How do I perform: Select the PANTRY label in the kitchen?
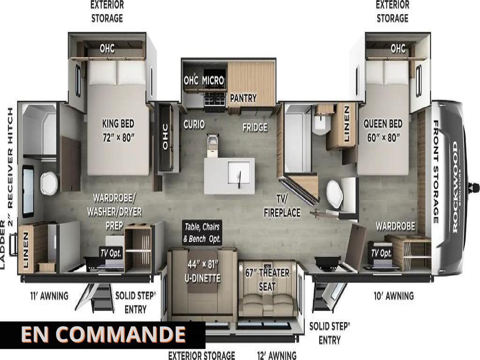click(243, 98)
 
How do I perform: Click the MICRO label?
click(213, 80)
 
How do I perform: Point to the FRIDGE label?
click(255, 127)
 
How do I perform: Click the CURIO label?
click(194, 124)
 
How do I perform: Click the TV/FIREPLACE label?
click(282, 205)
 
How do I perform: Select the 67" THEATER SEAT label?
click(267, 279)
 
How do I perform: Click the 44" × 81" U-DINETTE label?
click(202, 271)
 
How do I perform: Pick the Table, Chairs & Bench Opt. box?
click(202, 232)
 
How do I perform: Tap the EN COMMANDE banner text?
click(104, 334)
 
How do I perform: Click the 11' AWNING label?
click(49, 296)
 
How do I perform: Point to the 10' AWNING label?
click(394, 296)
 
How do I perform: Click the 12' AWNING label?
click(277, 355)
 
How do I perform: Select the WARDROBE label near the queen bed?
click(396, 226)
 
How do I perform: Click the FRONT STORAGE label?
click(436, 172)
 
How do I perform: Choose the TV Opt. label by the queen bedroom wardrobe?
click(381, 253)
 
